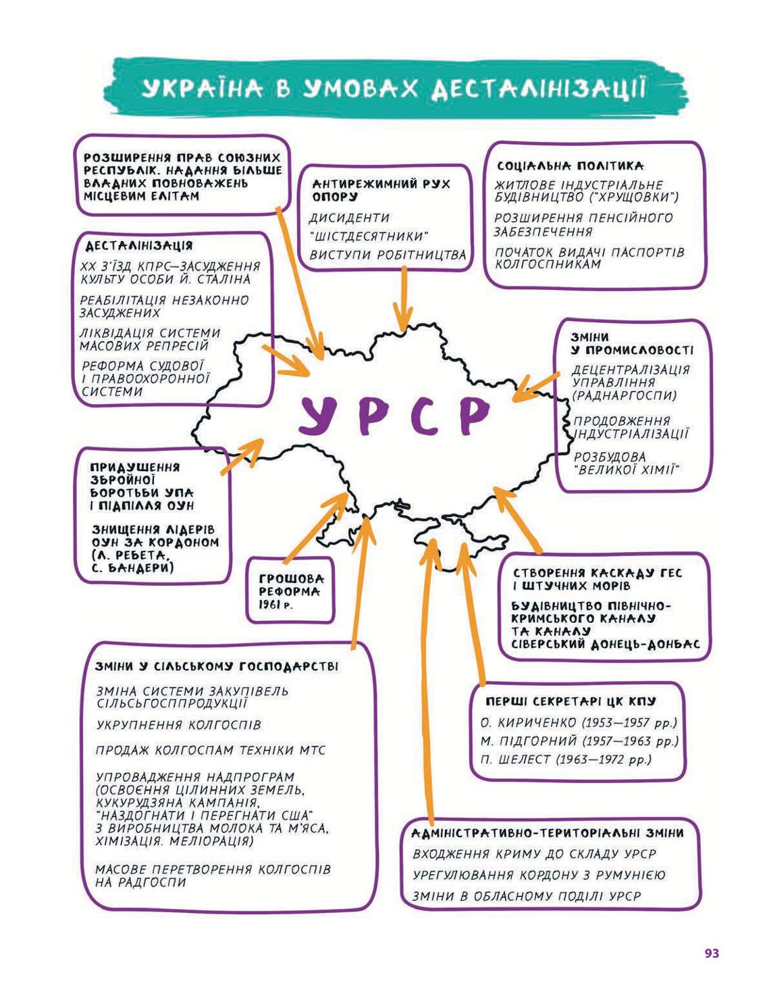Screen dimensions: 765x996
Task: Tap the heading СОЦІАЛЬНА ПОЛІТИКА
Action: click(570, 166)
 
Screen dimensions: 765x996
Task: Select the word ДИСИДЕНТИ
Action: click(349, 218)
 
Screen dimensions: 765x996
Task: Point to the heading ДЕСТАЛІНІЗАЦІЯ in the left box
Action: click(139, 246)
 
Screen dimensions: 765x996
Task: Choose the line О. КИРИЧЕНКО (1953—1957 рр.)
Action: click(579, 723)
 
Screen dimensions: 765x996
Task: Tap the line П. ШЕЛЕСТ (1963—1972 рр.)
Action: click(566, 760)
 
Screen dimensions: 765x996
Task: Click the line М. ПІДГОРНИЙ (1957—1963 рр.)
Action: click(579, 741)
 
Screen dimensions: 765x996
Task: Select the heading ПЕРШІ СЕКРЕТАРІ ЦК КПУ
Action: click(571, 701)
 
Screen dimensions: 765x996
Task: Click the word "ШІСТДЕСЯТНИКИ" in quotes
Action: click(369, 236)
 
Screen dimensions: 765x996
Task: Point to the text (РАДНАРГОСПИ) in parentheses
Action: click(624, 395)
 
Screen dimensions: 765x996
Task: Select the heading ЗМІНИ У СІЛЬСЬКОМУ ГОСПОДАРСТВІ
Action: click(217, 666)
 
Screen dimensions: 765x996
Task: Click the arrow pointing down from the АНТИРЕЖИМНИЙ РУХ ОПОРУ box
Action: click(403, 298)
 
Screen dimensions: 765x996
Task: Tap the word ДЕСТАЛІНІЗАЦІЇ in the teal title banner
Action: click(539, 89)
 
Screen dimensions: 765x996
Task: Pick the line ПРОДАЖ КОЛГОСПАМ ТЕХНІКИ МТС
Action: click(211, 750)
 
